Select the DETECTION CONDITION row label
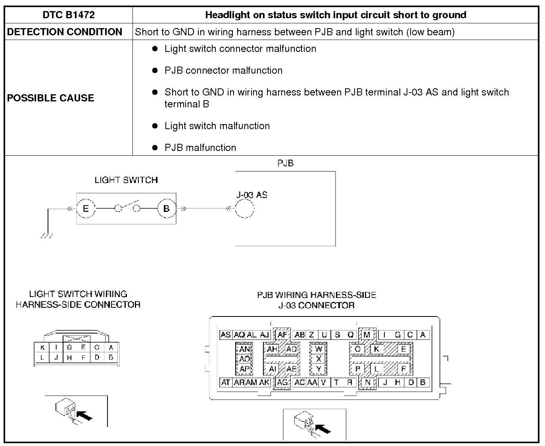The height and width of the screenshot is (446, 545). tap(65, 32)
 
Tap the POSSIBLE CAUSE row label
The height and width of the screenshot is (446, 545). tap(50, 98)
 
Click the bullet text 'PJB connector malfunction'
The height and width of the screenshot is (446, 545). tap(223, 71)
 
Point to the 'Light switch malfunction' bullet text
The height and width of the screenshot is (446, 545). tap(217, 126)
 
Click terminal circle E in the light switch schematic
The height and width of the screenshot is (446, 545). tap(86, 208)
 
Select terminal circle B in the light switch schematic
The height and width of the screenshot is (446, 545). tap(167, 208)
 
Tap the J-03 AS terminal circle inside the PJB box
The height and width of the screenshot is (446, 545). tap(244, 208)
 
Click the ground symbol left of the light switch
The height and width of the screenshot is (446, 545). tap(46, 235)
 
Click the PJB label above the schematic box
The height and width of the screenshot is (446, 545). tap(285, 163)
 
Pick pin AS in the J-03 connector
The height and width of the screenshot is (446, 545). tap(225, 335)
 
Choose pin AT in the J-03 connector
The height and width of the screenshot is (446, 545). tap(225, 383)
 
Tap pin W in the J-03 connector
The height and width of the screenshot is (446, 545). tap(319, 349)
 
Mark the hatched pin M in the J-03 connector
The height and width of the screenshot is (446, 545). tap(367, 335)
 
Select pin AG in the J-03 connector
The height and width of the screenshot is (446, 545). tap(282, 383)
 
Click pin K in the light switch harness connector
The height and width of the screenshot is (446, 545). tap(42, 348)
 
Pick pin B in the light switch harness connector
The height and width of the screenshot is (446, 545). tap(111, 357)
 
